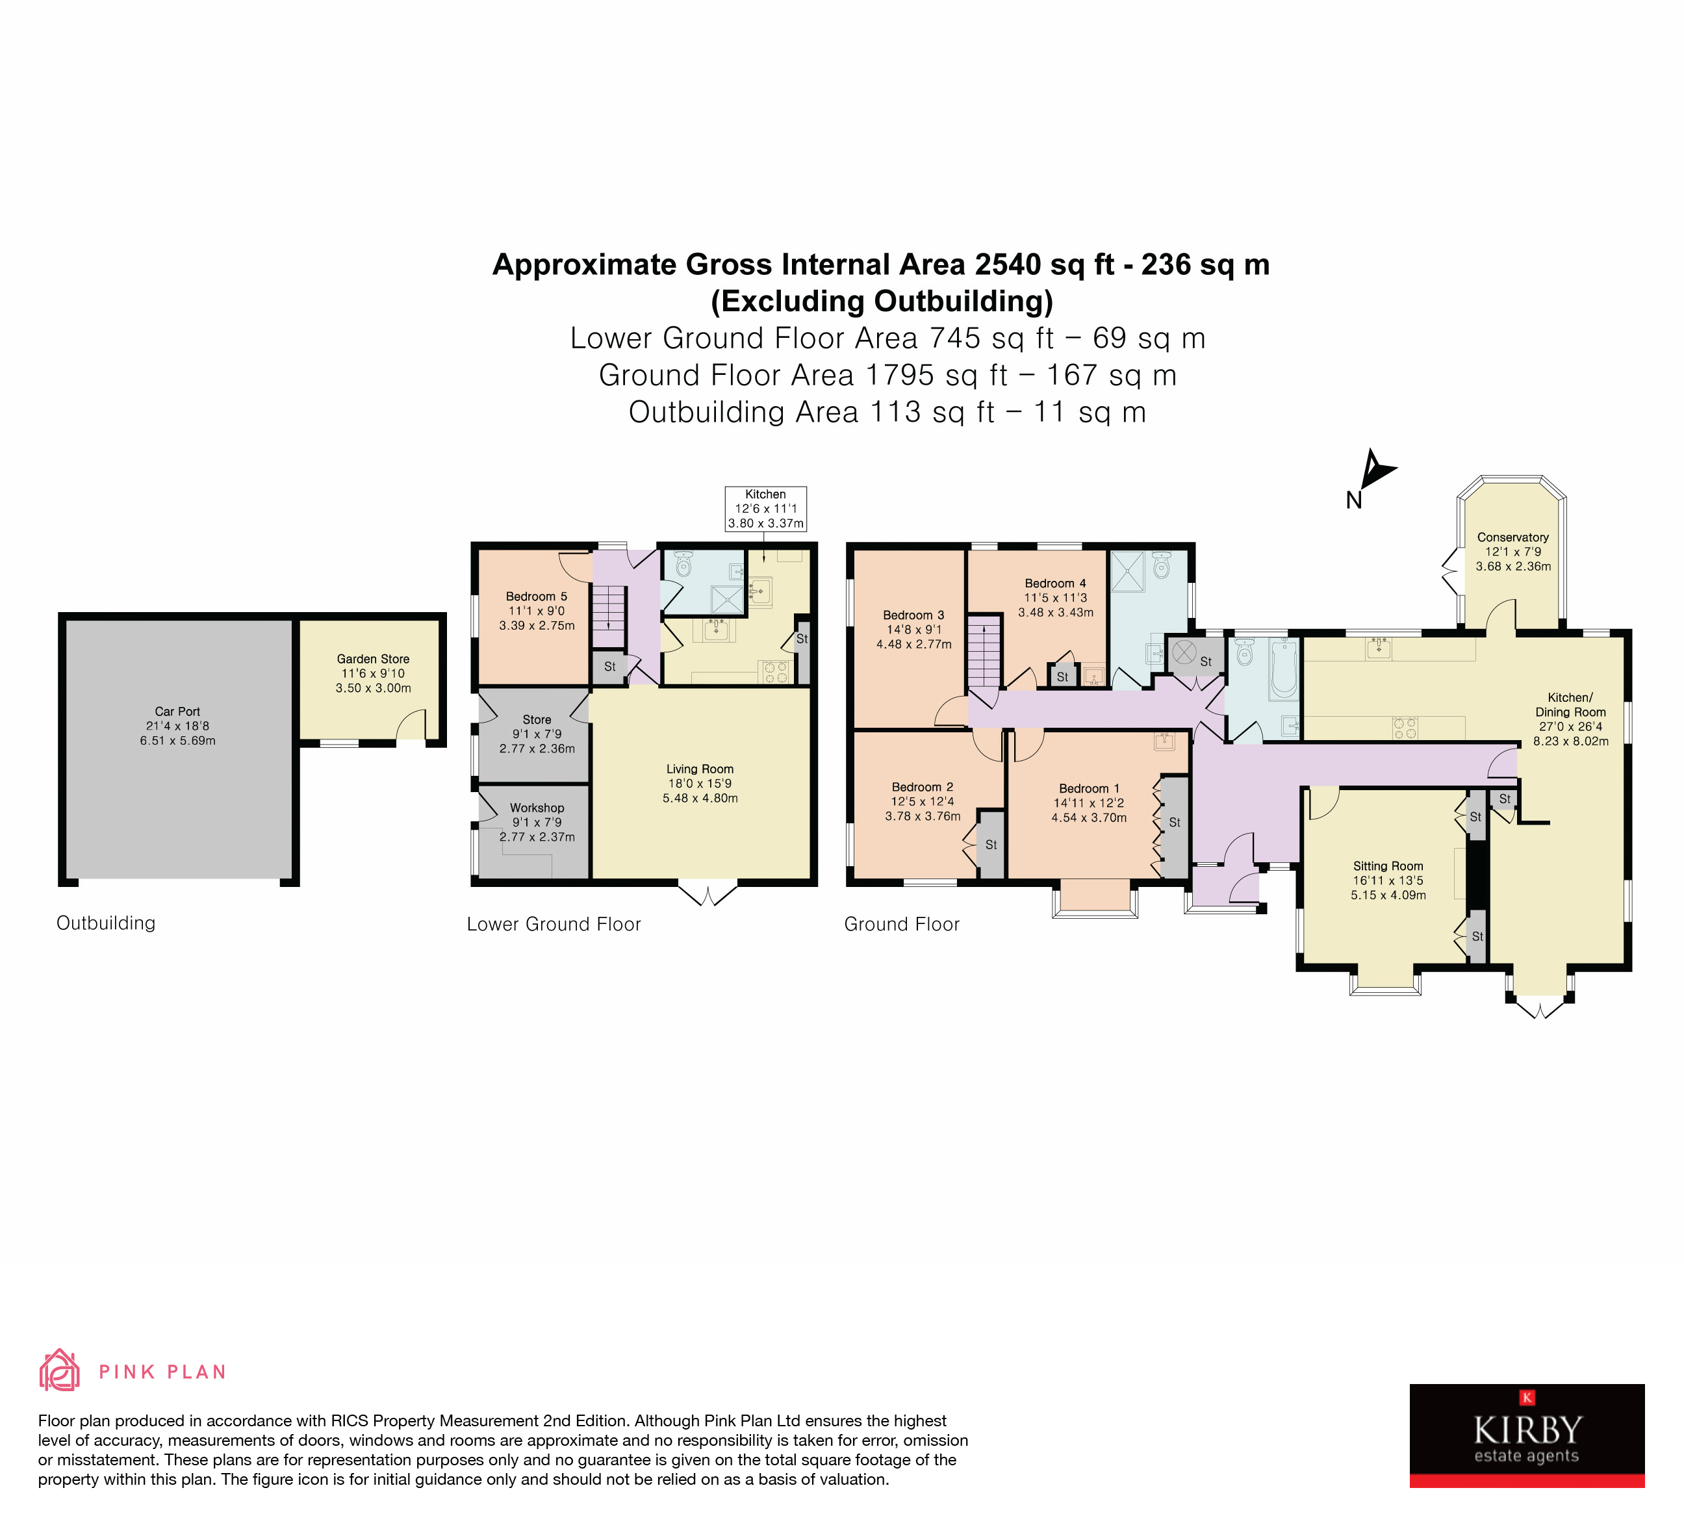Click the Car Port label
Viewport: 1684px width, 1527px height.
tap(177, 711)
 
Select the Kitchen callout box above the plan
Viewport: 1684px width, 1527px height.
tap(765, 508)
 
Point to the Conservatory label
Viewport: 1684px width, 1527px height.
tap(1512, 537)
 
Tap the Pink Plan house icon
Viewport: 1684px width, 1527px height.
tap(59, 1370)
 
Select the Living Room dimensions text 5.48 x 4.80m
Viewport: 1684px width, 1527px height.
tap(700, 798)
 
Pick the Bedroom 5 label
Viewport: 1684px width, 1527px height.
tap(536, 596)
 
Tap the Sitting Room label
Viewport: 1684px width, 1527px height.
tap(1388, 866)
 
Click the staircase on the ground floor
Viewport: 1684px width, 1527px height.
tap(985, 652)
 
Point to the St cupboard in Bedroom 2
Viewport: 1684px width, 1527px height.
tap(991, 845)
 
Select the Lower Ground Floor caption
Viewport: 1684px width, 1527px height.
tap(553, 924)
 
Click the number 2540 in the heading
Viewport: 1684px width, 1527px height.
tap(1008, 265)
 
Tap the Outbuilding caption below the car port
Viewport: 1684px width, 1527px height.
tap(105, 923)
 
